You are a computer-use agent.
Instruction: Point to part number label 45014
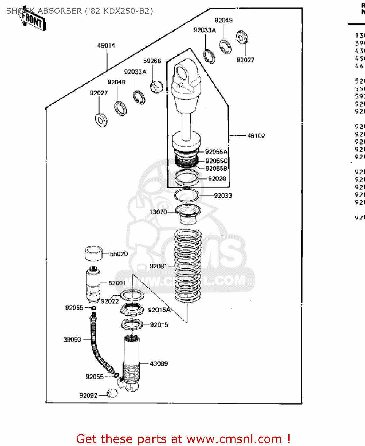[106, 45]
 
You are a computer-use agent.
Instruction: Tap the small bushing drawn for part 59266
[156, 86]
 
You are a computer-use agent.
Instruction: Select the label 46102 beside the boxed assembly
[256, 136]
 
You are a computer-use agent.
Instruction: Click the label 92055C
[216, 161]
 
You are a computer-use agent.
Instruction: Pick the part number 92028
[217, 178]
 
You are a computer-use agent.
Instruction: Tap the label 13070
[158, 212]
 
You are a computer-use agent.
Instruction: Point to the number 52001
[117, 283]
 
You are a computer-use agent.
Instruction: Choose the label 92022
[110, 301]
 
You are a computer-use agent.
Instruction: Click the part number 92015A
[159, 310]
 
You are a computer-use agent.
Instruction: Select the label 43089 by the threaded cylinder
[159, 363]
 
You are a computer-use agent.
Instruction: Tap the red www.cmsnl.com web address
[234, 439]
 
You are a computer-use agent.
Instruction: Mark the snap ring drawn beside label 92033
[186, 195]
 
